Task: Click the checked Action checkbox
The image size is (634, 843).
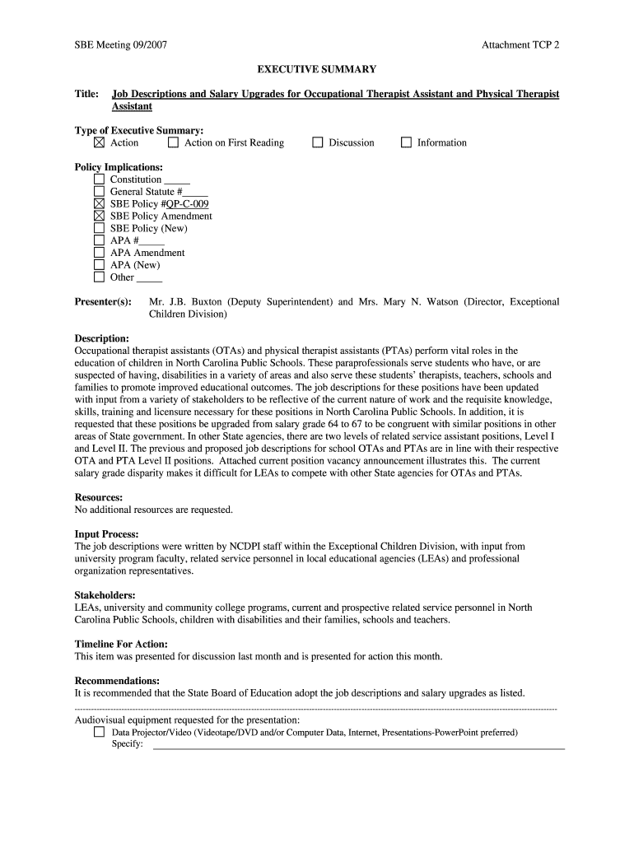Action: click(x=100, y=142)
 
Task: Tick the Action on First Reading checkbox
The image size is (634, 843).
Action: click(x=173, y=142)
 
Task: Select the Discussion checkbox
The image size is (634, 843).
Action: click(x=318, y=142)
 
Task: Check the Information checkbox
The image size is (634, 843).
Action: click(x=406, y=142)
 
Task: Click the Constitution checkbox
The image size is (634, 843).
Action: click(x=100, y=179)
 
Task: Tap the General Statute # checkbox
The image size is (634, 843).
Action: click(x=100, y=192)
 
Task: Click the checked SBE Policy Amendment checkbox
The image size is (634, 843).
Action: click(x=100, y=216)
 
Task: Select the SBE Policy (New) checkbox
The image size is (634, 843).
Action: click(x=100, y=228)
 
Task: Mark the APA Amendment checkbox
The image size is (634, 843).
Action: click(x=100, y=253)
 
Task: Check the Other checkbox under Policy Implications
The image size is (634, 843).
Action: click(x=100, y=277)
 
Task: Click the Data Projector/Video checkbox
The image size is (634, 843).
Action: click(x=100, y=731)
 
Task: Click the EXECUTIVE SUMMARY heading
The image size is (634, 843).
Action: click(x=317, y=70)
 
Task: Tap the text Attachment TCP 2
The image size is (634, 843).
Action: click(x=520, y=45)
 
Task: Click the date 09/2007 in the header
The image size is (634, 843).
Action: click(x=152, y=45)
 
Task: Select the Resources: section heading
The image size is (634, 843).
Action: click(x=99, y=497)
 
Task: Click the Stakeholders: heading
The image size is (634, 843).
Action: click(x=105, y=595)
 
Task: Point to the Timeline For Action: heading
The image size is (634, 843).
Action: click(x=121, y=644)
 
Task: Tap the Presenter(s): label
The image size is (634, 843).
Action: click(x=103, y=302)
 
